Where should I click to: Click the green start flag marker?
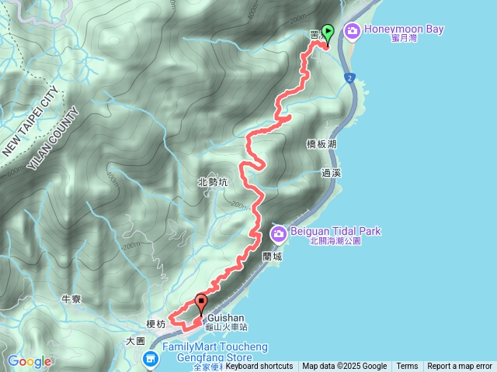328,34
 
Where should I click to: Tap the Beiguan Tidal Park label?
336,232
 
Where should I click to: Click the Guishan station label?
226,318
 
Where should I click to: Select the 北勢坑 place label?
213,182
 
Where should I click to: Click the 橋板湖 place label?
321,144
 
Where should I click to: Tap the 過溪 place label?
332,174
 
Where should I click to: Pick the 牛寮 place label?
72,298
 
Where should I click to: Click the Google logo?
30,361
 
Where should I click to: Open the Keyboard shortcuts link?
259,367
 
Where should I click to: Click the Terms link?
407,367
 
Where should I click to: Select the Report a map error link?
460,367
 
